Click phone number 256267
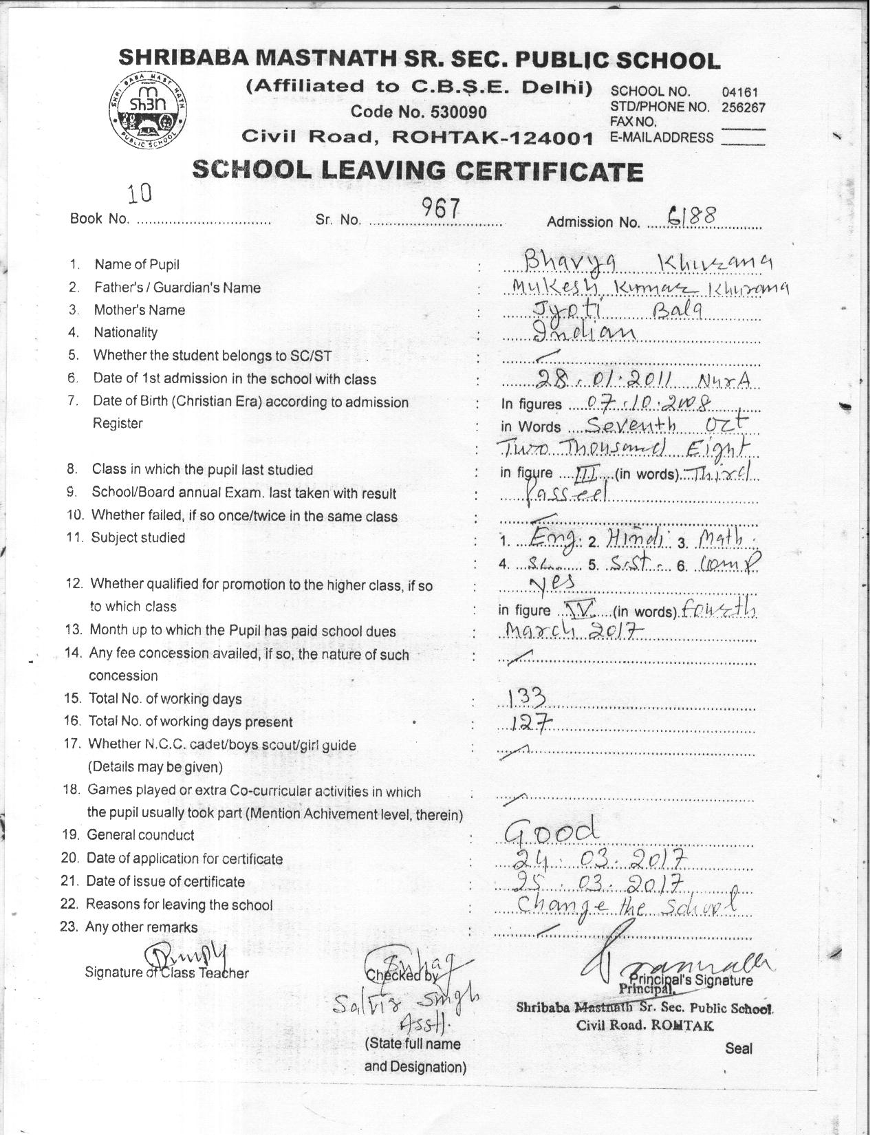pos(743,107)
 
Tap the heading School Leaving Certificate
pos(418,171)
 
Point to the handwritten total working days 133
pos(526,699)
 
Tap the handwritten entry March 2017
pos(574,629)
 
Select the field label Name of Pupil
pos(137,265)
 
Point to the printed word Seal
pos(738,1048)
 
